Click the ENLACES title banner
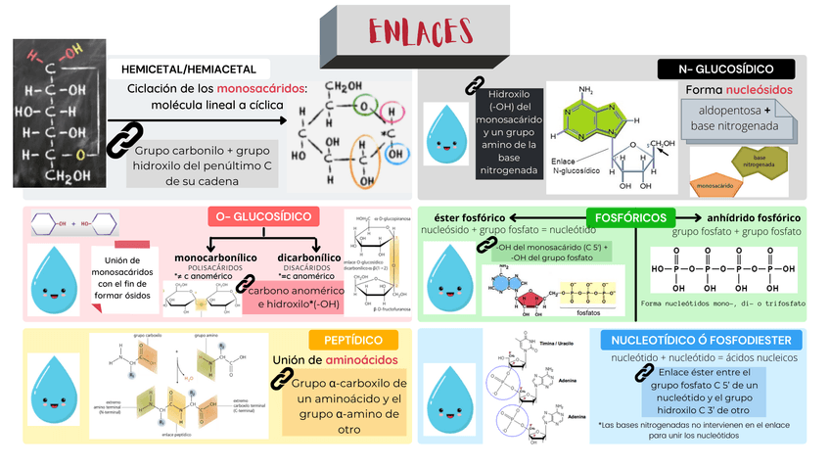coord(414,31)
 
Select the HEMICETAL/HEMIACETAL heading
coord(189,70)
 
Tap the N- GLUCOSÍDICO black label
coord(726,69)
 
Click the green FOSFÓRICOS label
coord(626,216)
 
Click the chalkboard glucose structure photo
coord(58,114)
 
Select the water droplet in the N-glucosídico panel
coord(446,135)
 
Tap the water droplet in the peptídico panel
coord(54,387)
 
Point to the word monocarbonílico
coord(215,257)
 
